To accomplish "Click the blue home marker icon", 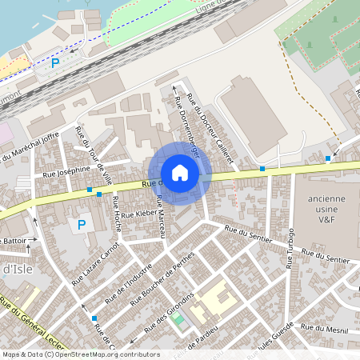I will (x=180, y=172).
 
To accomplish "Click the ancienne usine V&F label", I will (x=326, y=210).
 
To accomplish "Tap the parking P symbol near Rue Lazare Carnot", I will (x=81, y=225).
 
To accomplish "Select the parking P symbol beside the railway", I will (x=55, y=62).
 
